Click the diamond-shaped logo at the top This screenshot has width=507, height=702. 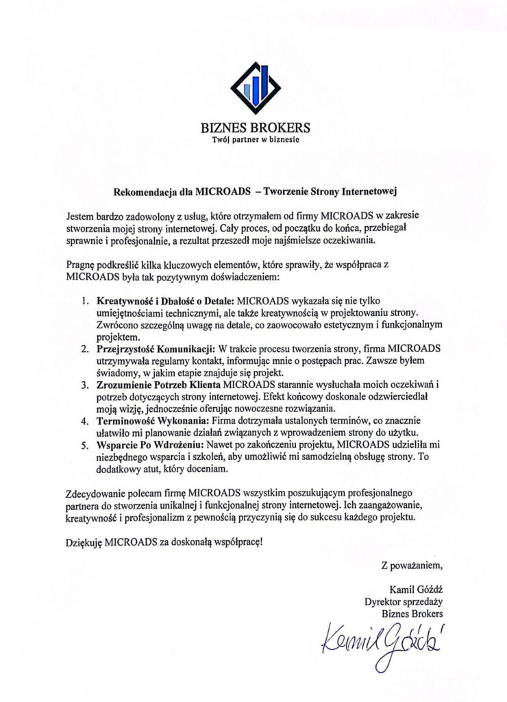click(x=255, y=87)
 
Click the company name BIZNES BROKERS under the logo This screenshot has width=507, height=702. click(x=255, y=128)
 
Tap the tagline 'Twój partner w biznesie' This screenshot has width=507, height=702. click(x=255, y=140)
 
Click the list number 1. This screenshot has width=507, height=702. click(x=85, y=301)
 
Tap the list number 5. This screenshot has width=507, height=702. click(x=85, y=445)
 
